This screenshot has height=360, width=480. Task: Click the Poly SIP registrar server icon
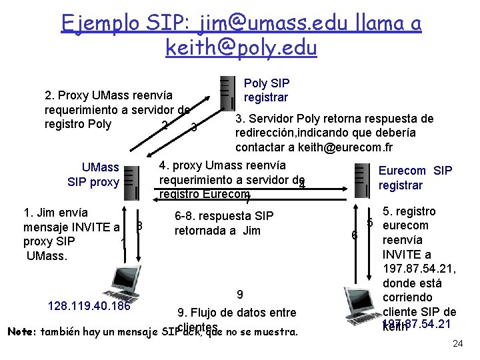coord(227,92)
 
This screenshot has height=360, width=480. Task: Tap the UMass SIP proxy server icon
coord(131,181)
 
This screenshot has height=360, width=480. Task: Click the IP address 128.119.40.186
coord(89,306)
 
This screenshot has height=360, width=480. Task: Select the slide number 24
coord(457,344)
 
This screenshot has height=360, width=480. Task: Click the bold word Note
coord(20,331)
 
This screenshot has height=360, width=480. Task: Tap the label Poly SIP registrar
coord(266,91)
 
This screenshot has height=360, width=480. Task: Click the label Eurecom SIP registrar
coord(415,178)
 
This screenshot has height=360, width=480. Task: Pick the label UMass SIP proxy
coord(93,175)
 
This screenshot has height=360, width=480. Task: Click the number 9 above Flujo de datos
coord(240,295)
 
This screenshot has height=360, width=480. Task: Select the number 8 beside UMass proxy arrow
coord(139,227)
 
